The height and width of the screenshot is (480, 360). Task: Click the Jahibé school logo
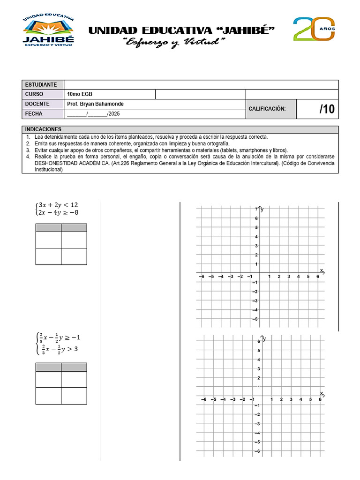pos(48,30)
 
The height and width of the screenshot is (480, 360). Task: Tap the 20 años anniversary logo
pos(314,29)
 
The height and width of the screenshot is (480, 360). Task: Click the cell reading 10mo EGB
pos(77,94)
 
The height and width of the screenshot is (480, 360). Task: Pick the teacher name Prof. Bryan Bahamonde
pos(96,104)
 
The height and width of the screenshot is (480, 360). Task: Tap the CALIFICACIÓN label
pos(267,109)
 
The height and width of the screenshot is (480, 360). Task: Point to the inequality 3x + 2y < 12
pos(58,205)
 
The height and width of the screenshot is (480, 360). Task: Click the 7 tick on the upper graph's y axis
pos(256,209)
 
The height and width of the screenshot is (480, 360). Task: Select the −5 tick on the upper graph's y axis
pos(255,319)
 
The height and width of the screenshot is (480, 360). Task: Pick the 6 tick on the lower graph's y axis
pos(258,341)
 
